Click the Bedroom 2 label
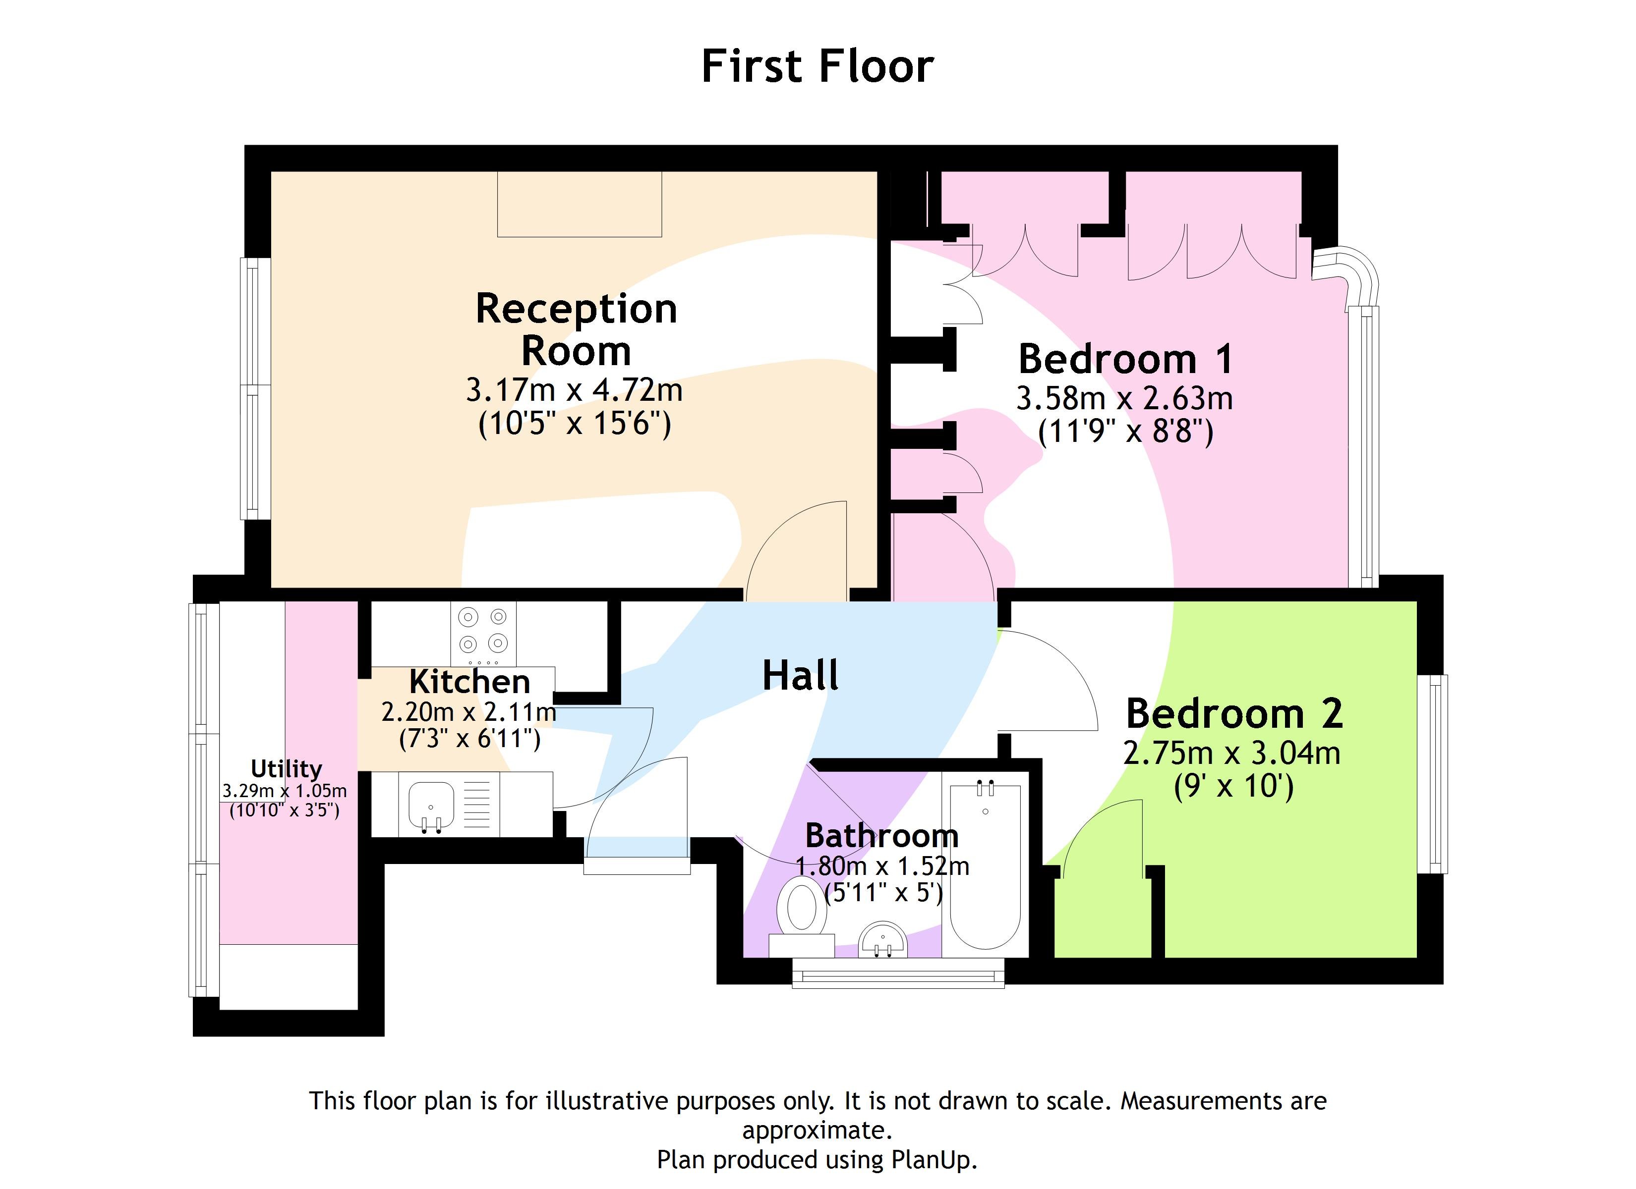pos(1233,714)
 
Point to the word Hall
pos(800,676)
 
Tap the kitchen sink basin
pos(431,805)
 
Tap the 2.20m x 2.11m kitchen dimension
pos(469,712)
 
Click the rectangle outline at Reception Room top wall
pos(579,204)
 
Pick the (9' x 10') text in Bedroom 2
pos(1233,786)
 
